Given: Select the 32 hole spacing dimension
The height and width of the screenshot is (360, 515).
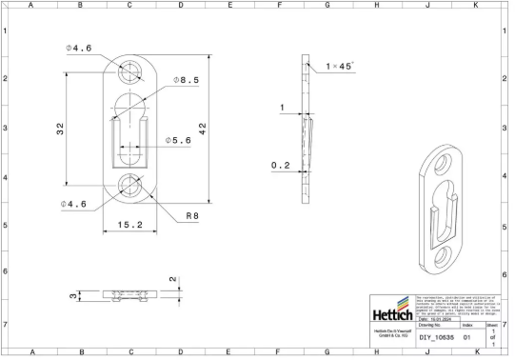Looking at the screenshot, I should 59,129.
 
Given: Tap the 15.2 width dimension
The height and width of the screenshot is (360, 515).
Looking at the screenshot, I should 129,225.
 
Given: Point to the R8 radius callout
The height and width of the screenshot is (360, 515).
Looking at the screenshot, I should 191,216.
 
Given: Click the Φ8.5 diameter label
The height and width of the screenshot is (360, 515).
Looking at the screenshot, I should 185,80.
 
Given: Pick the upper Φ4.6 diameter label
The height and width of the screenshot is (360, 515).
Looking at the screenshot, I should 78,48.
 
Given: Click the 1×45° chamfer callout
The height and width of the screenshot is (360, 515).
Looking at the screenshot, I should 340,67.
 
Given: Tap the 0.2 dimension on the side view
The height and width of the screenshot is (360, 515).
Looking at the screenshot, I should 280,165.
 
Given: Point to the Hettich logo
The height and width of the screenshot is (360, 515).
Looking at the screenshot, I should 390,313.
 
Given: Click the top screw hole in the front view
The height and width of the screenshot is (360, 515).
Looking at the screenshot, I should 129,70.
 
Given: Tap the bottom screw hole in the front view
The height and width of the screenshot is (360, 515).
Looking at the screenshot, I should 129,188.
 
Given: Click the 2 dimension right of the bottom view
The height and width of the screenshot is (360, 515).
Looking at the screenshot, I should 172,280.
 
